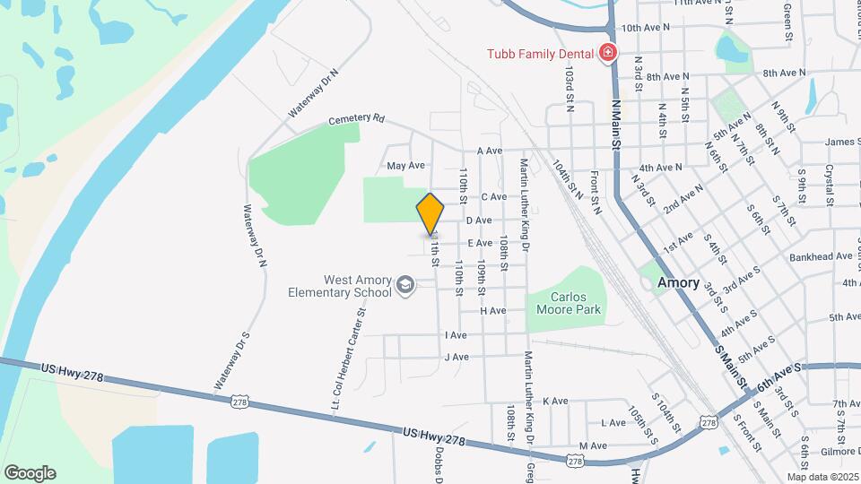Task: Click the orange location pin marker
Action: pyautogui.click(x=430, y=213)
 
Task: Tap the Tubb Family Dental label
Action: pyautogui.click(x=540, y=54)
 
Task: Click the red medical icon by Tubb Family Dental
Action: pyautogui.click(x=608, y=54)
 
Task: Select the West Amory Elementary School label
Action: pyautogui.click(x=340, y=286)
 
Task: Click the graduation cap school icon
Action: pyautogui.click(x=405, y=285)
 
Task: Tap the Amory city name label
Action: pyautogui.click(x=678, y=282)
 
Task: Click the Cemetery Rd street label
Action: pyautogui.click(x=356, y=119)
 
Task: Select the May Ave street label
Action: pyautogui.click(x=405, y=166)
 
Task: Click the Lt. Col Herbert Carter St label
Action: pyautogui.click(x=350, y=353)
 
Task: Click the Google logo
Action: pyautogui.click(x=30, y=472)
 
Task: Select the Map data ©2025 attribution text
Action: pyautogui.click(x=822, y=477)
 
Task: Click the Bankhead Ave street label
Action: pyautogui.click(x=821, y=256)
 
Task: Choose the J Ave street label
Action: pyautogui.click(x=457, y=357)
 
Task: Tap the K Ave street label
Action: pyautogui.click(x=556, y=401)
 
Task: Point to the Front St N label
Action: pyautogui.click(x=596, y=192)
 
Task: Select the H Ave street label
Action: pyautogui.click(x=493, y=310)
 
